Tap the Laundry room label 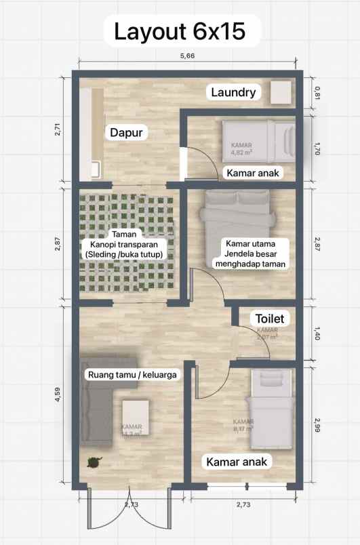[233, 92]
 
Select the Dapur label [127, 133]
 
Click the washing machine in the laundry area [281, 92]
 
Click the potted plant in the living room [92, 462]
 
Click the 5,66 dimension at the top [186, 56]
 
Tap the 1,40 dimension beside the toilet [317, 332]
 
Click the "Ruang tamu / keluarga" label [133, 374]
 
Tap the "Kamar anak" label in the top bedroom [253, 174]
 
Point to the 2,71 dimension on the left [57, 129]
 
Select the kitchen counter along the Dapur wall [92, 132]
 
